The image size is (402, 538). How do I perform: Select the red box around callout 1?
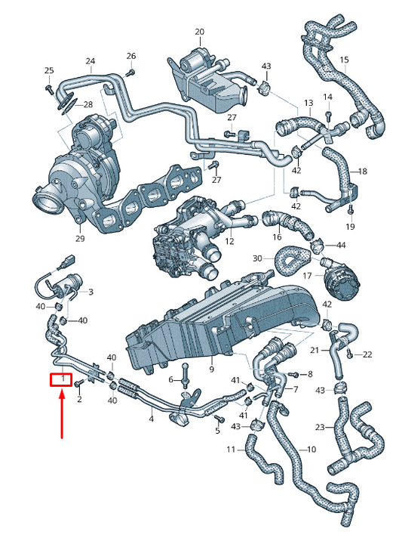pos(61,379)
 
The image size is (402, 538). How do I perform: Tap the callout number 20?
pos(199,32)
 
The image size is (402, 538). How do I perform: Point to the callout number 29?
pos(80,239)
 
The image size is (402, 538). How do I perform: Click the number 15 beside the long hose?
pos(344,60)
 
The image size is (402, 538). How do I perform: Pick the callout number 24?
pos(91,61)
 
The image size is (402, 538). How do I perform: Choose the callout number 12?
pos(229,242)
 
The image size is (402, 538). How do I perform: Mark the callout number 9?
pos(212,369)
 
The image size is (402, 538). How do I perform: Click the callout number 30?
pos(257,258)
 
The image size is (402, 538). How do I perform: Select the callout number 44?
pos(341,246)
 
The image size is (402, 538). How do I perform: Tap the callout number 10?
pos(311,450)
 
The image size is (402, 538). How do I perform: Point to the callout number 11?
pos(231,450)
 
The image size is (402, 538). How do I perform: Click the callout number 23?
pos(320,428)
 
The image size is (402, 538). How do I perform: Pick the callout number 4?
pos(152,418)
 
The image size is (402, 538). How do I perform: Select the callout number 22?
pos(367,354)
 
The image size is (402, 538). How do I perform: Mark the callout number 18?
pos(363,172)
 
